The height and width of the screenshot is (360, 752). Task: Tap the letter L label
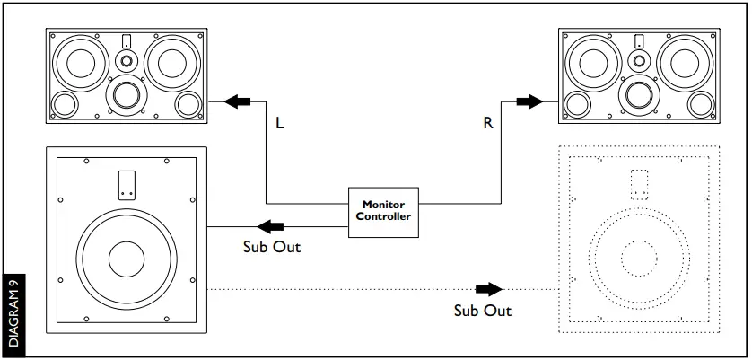[x=280, y=124]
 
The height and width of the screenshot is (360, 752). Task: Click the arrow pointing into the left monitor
[x=238, y=101]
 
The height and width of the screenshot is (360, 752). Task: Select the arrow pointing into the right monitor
[x=530, y=101]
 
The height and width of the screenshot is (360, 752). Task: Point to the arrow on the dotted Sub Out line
[x=489, y=289]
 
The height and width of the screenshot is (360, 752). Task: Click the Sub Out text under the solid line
[x=271, y=247]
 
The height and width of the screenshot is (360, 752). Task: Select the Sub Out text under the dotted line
[x=483, y=310]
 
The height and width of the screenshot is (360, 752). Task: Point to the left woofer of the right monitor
[x=594, y=63]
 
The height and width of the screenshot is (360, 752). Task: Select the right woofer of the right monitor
[x=685, y=62]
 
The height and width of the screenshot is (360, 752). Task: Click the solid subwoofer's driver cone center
[x=127, y=259]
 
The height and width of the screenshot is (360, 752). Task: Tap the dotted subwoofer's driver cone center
[x=638, y=259]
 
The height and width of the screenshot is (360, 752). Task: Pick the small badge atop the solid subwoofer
[x=127, y=184]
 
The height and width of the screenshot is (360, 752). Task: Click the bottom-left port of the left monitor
[x=66, y=104]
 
